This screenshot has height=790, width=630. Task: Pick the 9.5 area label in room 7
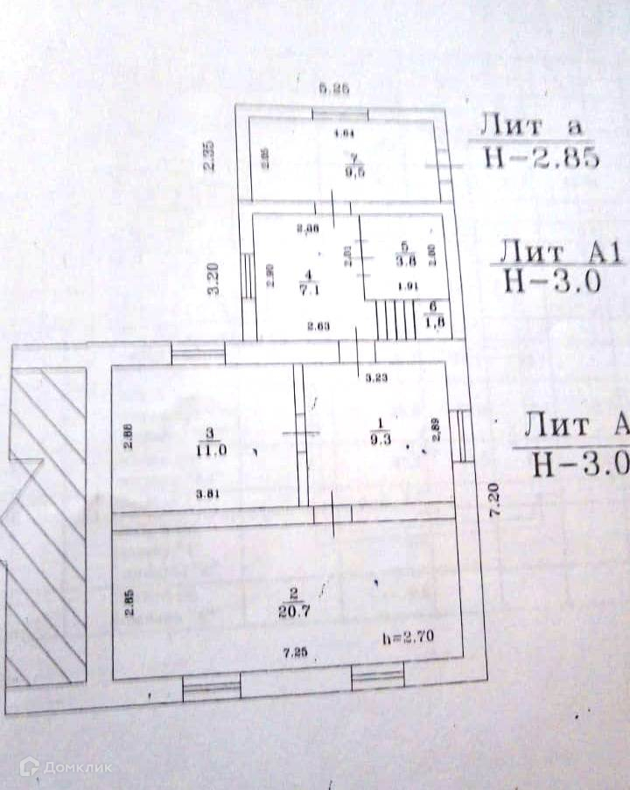tap(354, 172)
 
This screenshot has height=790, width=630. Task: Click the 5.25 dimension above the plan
tap(335, 87)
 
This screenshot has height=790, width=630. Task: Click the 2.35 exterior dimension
tap(209, 157)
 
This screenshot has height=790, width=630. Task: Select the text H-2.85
tap(540, 158)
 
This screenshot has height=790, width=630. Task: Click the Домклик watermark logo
tap(66, 767)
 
